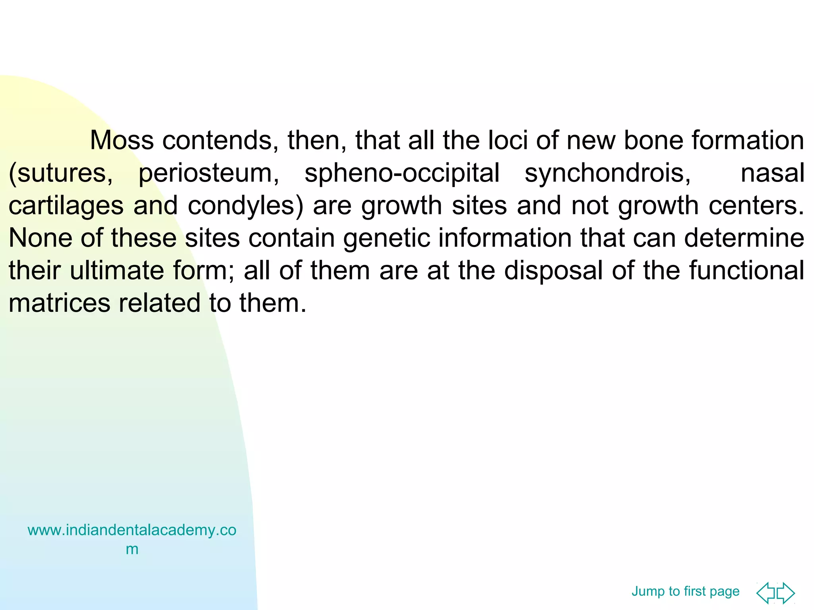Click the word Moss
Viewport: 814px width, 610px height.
click(122, 141)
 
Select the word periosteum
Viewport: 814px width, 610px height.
click(209, 174)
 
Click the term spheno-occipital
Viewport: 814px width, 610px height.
click(402, 174)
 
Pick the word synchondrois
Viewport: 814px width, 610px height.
click(608, 174)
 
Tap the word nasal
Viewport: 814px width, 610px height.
click(772, 174)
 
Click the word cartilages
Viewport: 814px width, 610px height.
click(66, 206)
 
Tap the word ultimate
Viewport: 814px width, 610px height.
click(117, 271)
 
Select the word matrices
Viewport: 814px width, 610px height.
click(59, 303)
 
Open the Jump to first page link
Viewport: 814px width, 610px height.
click(685, 591)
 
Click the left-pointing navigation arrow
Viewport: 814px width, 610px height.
click(766, 593)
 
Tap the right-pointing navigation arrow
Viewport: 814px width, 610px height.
click(786, 593)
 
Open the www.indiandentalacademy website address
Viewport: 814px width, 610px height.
click(132, 531)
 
